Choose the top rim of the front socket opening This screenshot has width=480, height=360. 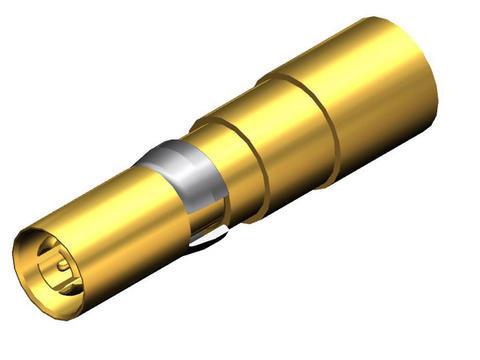coord(35,236)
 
